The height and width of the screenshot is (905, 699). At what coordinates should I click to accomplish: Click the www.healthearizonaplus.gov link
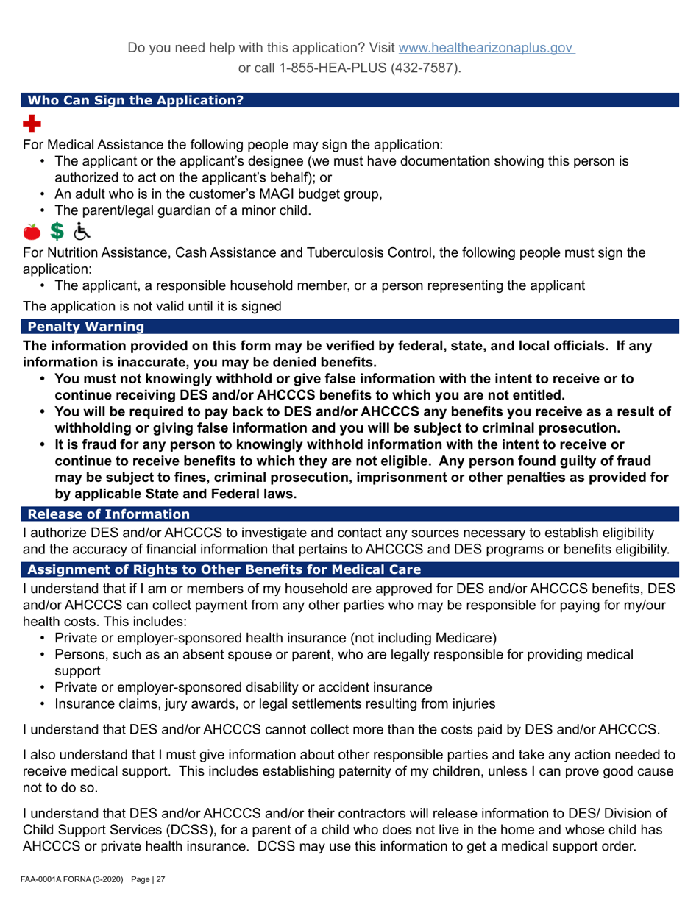486,48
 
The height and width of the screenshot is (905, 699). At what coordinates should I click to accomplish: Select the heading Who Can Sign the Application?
134,100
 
